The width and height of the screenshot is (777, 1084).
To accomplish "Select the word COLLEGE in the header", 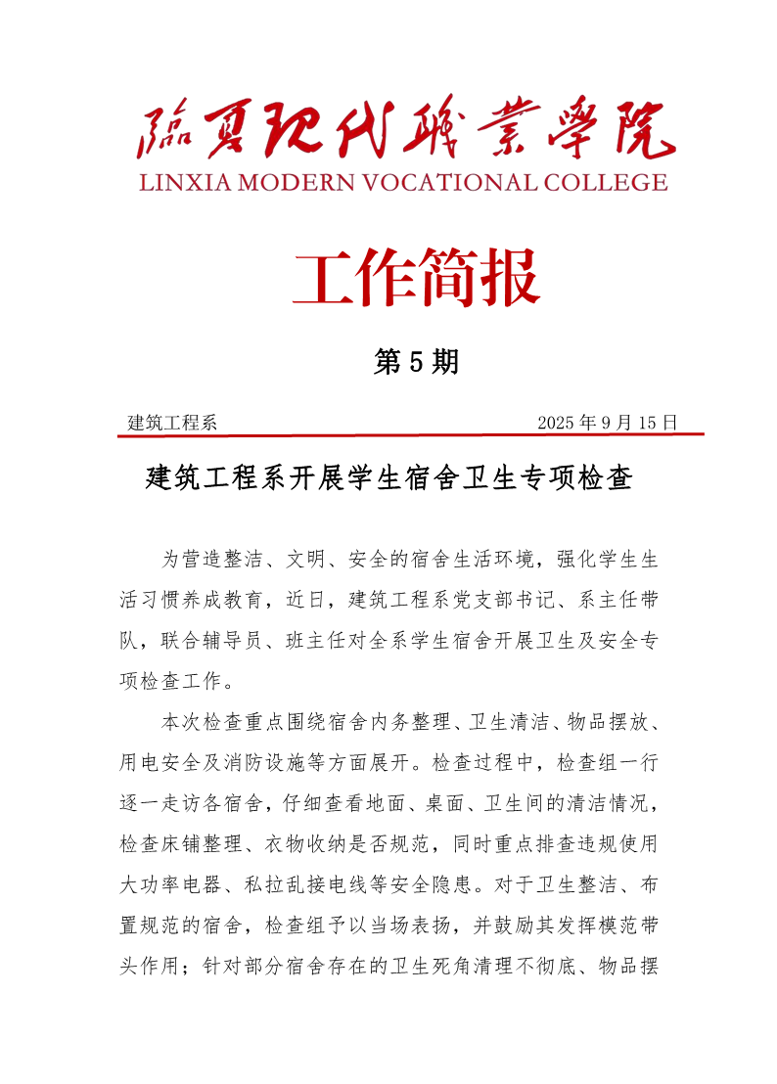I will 609,182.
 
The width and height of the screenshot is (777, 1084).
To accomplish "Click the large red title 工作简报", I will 416,278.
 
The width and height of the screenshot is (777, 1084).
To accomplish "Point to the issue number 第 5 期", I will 416,363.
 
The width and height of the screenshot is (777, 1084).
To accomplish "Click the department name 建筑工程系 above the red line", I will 172,423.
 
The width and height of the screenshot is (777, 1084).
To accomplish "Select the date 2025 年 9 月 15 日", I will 608,423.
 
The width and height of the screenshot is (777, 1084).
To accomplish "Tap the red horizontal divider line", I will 411,434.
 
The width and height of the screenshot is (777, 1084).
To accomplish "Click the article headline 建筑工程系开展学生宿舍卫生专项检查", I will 388,478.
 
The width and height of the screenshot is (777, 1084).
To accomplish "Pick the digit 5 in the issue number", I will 415,363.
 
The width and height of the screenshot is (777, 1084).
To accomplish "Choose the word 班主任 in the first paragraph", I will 346,640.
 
